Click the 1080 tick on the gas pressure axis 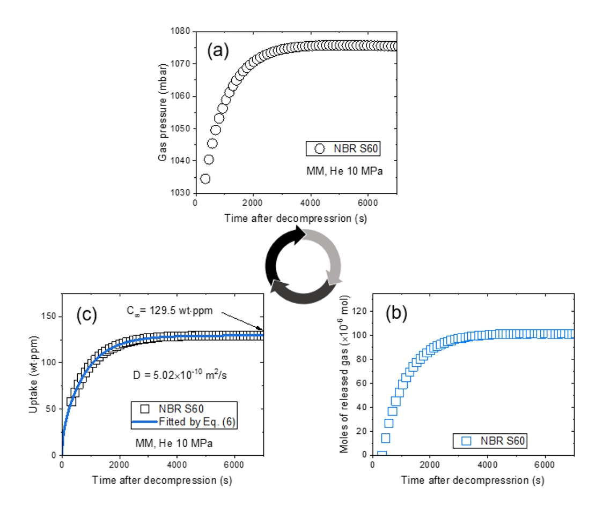181,32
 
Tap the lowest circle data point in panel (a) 205,178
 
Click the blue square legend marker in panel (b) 466,441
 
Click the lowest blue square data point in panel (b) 381,455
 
